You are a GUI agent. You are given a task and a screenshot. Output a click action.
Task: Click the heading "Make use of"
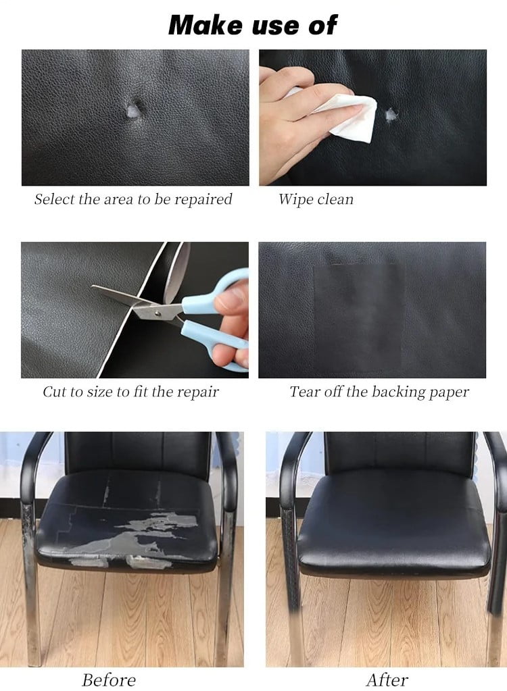point(252,25)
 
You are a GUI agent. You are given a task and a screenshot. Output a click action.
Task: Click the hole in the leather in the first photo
point(134,107)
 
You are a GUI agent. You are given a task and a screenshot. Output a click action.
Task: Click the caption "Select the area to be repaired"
point(133,199)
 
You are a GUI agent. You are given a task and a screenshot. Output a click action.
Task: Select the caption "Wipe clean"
point(316,199)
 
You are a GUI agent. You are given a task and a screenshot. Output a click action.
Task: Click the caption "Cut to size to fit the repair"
point(131,392)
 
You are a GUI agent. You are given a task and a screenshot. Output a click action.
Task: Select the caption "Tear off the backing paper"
point(379,392)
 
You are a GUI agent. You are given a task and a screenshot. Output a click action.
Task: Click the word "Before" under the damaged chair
point(109,679)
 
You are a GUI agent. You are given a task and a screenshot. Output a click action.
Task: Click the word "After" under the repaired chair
point(388,679)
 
